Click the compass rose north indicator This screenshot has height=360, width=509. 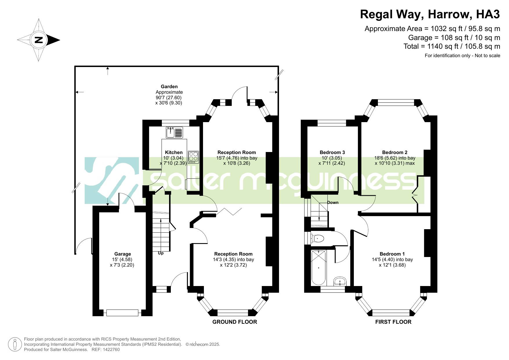coord(39,40)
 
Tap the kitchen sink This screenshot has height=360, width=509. coord(174,132)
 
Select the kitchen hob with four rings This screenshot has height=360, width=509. coord(193,157)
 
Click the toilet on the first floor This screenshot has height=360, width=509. coord(318,238)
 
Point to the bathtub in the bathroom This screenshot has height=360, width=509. coord(318,267)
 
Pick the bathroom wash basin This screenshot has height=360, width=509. coord(340,281)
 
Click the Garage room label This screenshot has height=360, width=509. coord(122,254)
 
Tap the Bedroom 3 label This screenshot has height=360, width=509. coord(332,152)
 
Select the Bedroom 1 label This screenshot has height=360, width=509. coord(392,254)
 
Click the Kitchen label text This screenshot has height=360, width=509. coord(174,152)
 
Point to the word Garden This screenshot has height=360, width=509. coord(169,86)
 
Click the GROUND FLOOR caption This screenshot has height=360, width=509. coord(235,322)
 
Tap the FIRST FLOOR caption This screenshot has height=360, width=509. coord(393,322)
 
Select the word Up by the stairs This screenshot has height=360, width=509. coord(161,253)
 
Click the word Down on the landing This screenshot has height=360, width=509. coord(333,202)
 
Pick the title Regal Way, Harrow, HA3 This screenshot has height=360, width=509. coord(430,14)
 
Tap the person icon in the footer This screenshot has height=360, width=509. coord(15,344)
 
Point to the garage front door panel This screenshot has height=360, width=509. coord(122,313)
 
